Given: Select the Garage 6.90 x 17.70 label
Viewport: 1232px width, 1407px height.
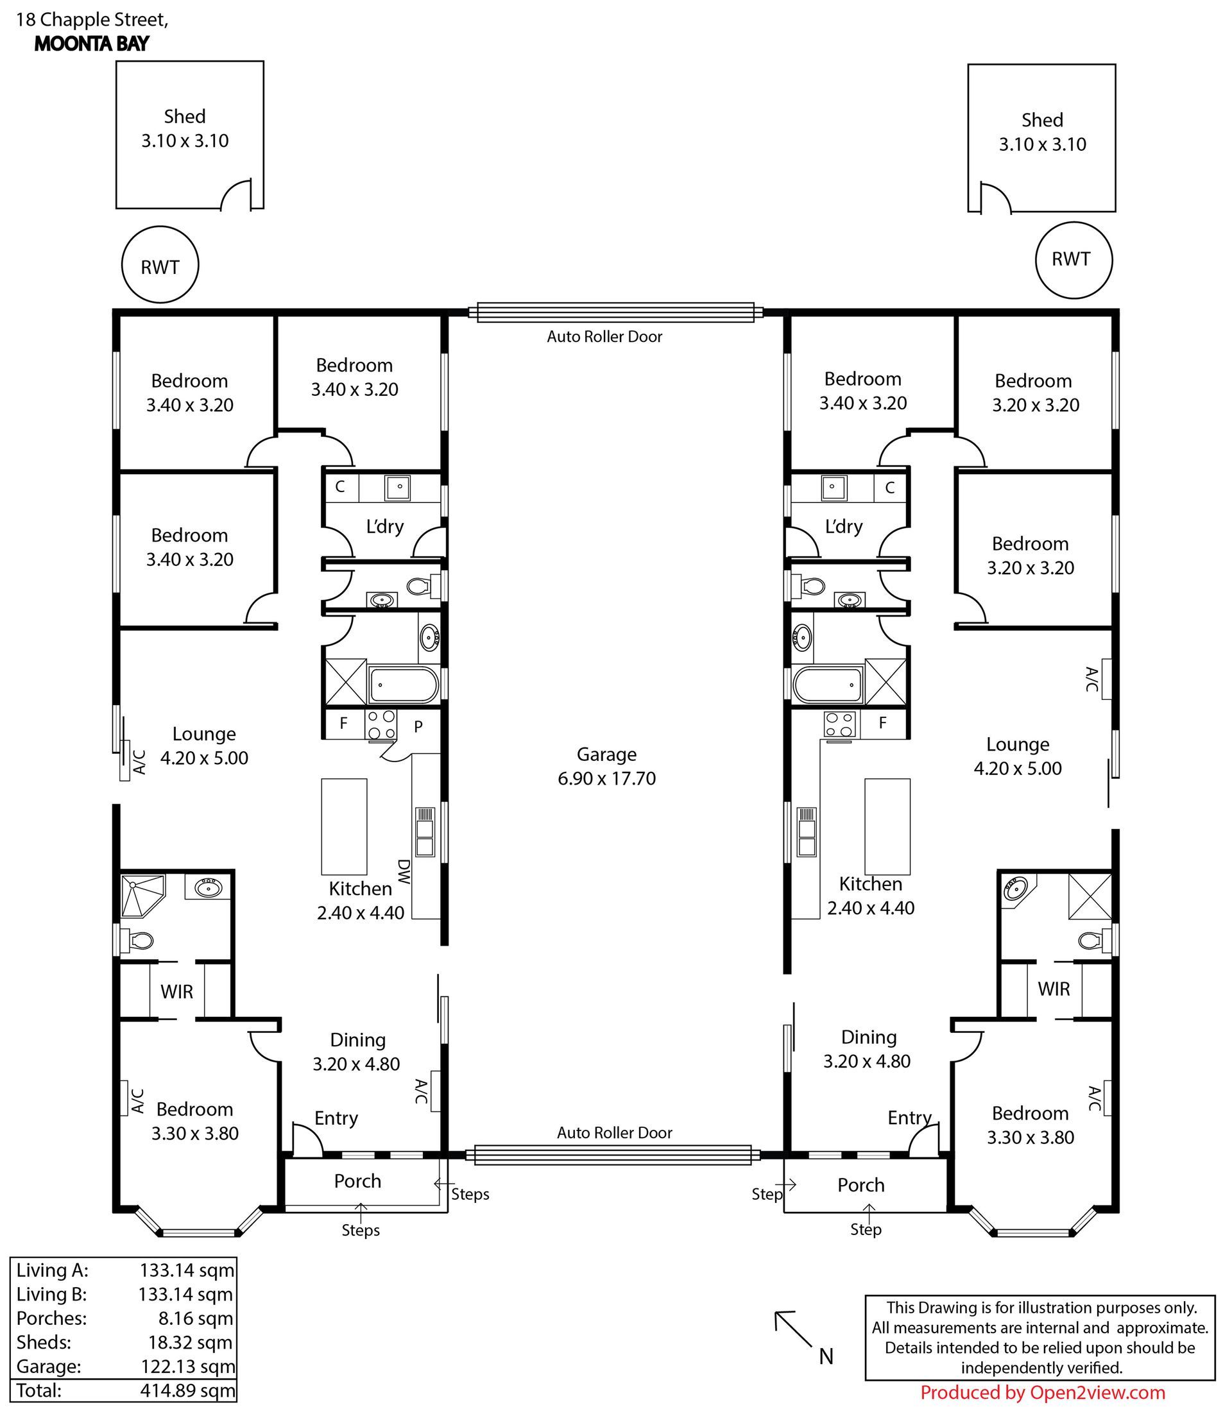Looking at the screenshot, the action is click(x=606, y=767).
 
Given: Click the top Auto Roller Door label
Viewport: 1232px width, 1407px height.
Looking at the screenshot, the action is click(x=604, y=337).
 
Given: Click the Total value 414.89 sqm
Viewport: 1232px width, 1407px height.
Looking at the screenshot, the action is click(x=187, y=1390).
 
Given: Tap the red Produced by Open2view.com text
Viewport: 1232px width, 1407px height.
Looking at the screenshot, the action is click(x=1043, y=1393).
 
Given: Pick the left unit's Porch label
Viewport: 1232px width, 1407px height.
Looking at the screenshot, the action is click(x=357, y=1181).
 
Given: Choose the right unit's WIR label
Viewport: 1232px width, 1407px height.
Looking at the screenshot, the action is click(x=1054, y=989).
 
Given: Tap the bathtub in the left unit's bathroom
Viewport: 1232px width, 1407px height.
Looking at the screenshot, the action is click(x=404, y=684).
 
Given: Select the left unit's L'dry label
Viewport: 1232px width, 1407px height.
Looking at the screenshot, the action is click(x=385, y=527).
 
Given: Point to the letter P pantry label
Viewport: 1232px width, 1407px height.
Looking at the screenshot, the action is click(x=418, y=726).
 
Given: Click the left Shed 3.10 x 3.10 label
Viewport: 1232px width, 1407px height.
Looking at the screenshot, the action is click(x=185, y=128).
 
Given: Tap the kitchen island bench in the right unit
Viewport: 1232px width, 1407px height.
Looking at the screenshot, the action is click(x=887, y=826).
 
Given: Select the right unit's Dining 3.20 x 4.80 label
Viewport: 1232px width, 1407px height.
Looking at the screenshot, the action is click(x=868, y=1049).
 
